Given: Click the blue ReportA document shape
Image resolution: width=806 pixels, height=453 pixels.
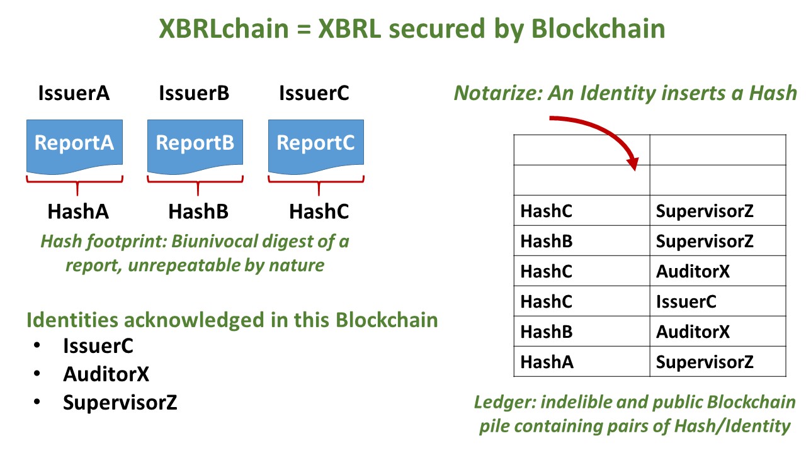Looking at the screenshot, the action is [74, 145].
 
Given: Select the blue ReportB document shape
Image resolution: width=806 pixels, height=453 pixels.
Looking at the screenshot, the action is [195, 145].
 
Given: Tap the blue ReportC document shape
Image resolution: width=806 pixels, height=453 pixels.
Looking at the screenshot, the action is [316, 145].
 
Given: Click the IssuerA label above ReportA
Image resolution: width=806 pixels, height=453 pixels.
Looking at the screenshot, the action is [74, 93].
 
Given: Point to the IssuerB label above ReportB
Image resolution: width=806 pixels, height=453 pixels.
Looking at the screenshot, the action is [194, 93].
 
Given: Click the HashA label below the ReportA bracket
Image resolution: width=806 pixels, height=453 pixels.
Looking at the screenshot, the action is [78, 211].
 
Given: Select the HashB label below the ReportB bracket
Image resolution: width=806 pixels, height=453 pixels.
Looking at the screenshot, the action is [198, 211].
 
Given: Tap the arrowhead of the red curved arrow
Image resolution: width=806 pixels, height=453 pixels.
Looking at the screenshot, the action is [633, 164].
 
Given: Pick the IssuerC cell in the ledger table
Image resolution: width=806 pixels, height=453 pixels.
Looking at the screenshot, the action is [686, 301].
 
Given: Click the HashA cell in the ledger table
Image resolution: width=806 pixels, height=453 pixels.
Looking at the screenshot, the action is [547, 362].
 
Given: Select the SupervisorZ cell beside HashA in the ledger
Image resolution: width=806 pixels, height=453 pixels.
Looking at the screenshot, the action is [705, 362].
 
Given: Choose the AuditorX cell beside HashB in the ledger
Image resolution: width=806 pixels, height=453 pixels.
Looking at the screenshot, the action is [693, 332].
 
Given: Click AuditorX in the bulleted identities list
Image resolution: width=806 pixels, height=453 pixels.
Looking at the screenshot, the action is [106, 374].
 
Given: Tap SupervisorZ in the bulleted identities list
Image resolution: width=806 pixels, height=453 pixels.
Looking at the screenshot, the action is [120, 402].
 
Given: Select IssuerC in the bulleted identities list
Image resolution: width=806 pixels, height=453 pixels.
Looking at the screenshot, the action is [98, 346].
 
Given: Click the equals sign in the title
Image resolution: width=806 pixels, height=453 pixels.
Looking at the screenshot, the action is [304, 29].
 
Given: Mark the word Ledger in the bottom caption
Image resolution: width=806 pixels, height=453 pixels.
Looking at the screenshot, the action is [504, 402].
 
